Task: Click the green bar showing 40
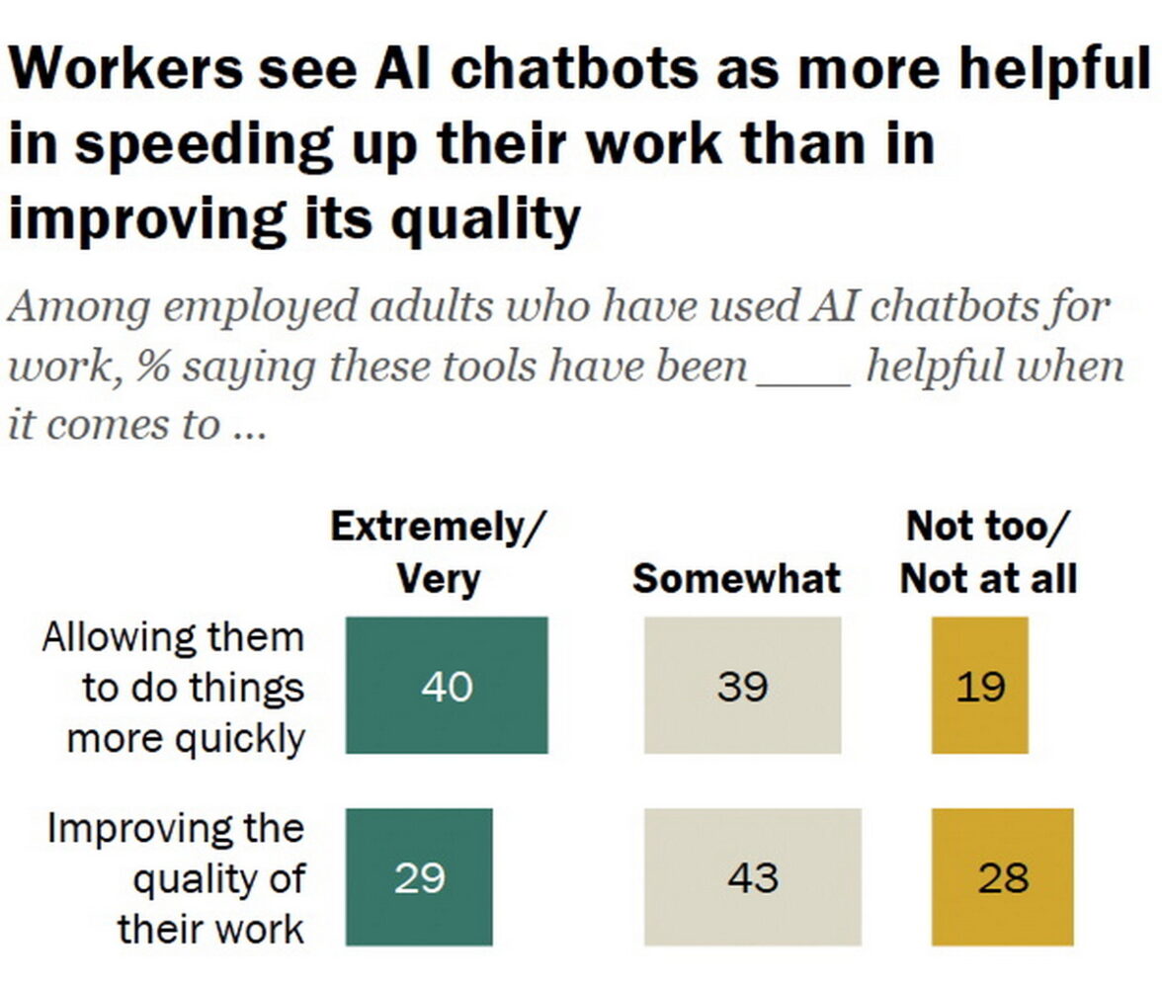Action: click(x=446, y=686)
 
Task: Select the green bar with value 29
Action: click(x=419, y=877)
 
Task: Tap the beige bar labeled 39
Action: click(x=742, y=686)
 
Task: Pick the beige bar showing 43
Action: click(x=752, y=877)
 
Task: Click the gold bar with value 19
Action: click(x=979, y=686)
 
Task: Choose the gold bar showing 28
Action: click(x=1002, y=877)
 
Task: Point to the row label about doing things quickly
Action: click(x=173, y=688)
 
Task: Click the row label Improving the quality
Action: click(x=176, y=878)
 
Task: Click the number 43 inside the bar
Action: click(x=753, y=877)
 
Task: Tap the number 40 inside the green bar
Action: click(x=447, y=686)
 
